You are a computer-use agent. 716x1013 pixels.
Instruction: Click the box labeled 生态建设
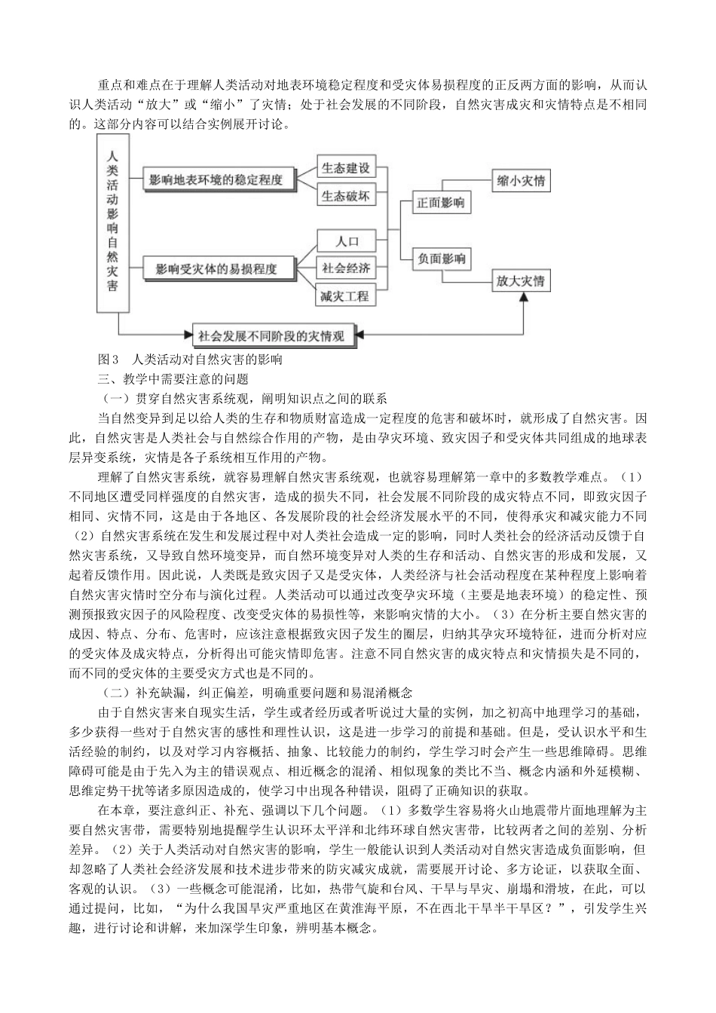point(345,167)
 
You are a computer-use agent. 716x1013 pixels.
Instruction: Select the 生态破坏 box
point(345,196)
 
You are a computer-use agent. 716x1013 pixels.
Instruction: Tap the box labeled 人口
point(345,241)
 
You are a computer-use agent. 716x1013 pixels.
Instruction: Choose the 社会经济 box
point(345,268)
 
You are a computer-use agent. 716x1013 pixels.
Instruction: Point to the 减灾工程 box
point(345,295)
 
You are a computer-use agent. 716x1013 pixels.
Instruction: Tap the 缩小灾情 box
point(521,181)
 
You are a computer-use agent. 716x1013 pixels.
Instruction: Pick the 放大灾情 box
point(521,281)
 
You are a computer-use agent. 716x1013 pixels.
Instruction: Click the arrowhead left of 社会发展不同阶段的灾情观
point(186,335)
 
